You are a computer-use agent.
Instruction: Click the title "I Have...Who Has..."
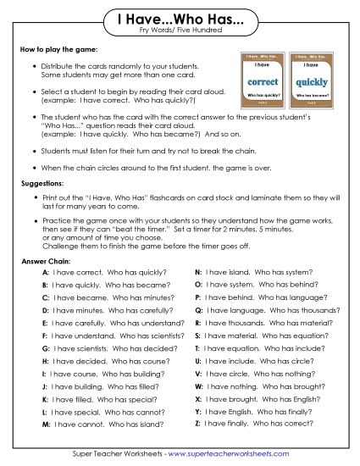click(x=180, y=19)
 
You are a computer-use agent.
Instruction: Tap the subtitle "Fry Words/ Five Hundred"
click(x=180, y=31)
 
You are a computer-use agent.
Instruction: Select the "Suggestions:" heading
click(x=43, y=183)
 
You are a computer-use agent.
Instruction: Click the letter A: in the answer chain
click(x=45, y=273)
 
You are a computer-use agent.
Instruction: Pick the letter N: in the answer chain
click(x=198, y=273)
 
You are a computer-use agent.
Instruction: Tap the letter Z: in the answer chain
click(x=198, y=423)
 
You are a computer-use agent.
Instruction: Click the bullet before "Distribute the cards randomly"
click(x=32, y=66)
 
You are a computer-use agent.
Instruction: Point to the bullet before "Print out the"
click(x=32, y=197)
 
